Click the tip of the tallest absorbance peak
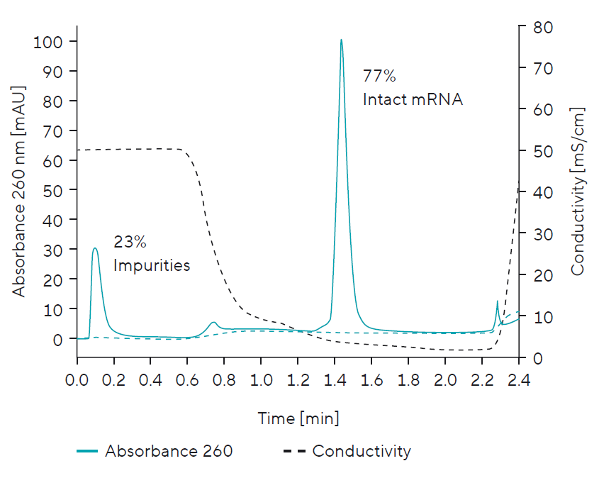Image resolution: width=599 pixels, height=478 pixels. (341, 40)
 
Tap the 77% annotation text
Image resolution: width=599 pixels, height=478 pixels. (379, 77)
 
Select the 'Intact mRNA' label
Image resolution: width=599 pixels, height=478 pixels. (413, 99)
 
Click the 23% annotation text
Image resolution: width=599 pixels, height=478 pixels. (130, 243)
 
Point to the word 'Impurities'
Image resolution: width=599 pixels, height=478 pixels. (151, 266)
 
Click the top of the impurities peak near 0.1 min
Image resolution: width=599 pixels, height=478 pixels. (95, 249)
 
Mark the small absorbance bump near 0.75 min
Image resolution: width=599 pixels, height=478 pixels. (213, 323)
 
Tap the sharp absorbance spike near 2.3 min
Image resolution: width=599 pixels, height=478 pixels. (497, 302)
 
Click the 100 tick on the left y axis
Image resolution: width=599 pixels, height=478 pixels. (49, 42)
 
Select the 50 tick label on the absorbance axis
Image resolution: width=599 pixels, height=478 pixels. (53, 191)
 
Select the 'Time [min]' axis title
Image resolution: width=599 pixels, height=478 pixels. (298, 418)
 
